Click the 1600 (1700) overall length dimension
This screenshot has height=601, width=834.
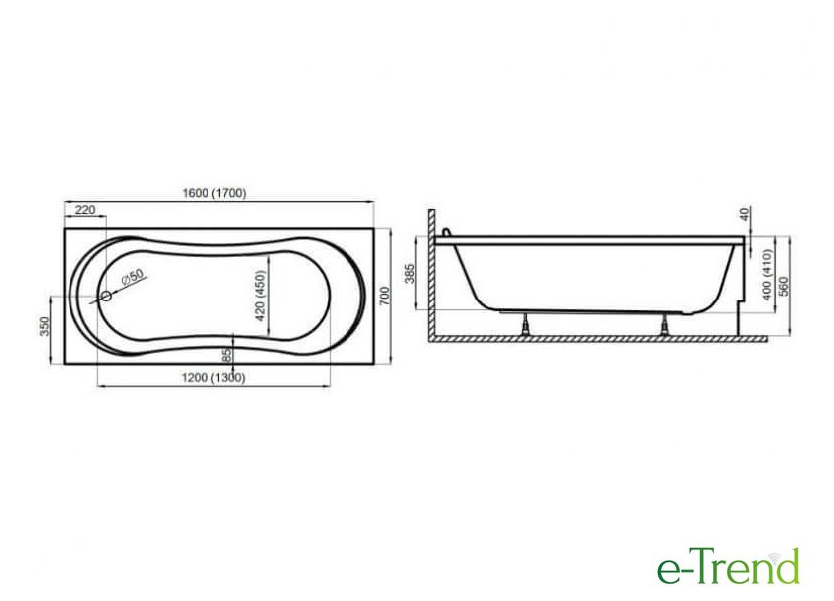coord(214,193)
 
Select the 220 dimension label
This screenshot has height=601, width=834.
coord(85,210)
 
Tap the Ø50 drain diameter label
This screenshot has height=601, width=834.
coord(132,277)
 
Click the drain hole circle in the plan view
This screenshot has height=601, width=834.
coord(107,297)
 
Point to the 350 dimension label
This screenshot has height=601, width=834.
coord(44,326)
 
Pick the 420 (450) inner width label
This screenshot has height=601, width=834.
coord(260,296)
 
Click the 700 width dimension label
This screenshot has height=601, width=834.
coord(385,296)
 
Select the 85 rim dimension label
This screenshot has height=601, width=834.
coord(227,355)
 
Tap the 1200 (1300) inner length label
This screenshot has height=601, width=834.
coord(213,378)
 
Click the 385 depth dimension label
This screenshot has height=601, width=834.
coord(410,273)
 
